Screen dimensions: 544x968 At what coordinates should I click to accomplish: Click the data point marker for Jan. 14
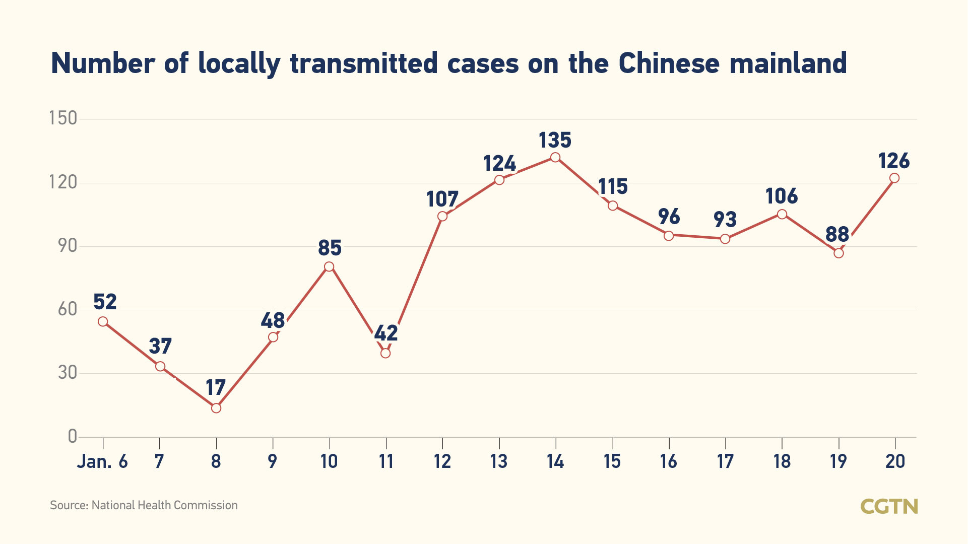click(555, 157)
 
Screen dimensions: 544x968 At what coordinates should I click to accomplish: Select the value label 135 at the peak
click(555, 140)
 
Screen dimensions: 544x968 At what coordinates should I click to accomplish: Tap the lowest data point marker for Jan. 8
click(216, 408)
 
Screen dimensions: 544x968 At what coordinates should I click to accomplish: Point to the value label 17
click(216, 388)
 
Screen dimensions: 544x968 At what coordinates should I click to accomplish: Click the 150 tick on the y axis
click(63, 118)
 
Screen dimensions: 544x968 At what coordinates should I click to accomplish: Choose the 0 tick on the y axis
click(73, 436)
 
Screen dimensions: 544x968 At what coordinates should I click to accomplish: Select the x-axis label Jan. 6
click(102, 461)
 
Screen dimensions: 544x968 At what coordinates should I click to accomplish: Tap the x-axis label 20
click(895, 461)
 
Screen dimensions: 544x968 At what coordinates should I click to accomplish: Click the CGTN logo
click(889, 506)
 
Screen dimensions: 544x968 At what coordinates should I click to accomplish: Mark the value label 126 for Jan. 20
click(894, 161)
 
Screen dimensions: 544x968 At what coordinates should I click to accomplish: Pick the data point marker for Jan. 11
click(385, 353)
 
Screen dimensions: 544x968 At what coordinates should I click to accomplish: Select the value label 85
click(330, 248)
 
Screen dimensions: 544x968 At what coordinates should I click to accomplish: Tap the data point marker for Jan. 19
click(838, 253)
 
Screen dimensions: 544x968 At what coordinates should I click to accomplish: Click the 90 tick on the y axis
click(68, 246)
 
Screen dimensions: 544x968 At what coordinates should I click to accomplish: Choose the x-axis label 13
click(499, 461)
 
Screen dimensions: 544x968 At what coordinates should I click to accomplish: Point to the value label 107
click(442, 199)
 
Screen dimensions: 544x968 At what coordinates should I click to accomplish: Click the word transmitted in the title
click(364, 64)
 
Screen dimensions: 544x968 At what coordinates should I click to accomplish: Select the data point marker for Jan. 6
click(103, 321)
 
